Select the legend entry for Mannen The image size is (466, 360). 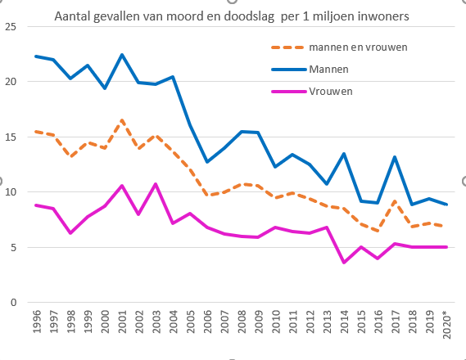(x=329, y=69)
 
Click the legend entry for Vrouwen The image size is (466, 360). (x=331, y=91)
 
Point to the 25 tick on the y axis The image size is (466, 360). (x=11, y=27)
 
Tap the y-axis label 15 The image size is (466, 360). (x=11, y=137)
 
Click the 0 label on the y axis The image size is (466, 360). (x=13, y=303)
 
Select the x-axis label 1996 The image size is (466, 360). (x=37, y=323)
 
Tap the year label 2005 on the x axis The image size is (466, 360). (x=190, y=323)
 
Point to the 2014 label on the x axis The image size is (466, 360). (x=342, y=323)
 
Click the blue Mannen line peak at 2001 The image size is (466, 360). (x=121, y=55)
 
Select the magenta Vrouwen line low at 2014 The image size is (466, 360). (x=343, y=263)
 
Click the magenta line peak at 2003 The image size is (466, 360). (x=156, y=184)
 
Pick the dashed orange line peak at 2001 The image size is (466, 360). (x=121, y=120)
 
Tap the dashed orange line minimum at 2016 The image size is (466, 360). (x=377, y=231)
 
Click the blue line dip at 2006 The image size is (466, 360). (x=206, y=162)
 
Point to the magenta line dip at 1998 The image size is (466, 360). (x=70, y=233)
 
